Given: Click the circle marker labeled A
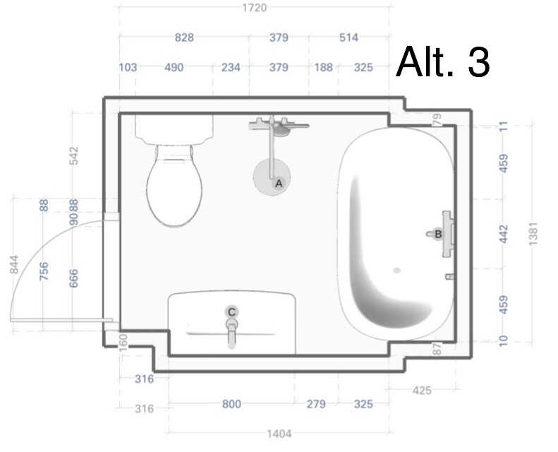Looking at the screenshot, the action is tap(279, 184).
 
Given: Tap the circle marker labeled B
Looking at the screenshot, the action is tap(438, 234).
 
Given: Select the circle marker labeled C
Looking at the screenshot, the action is tap(231, 312).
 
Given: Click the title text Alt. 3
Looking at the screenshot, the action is tap(443, 61).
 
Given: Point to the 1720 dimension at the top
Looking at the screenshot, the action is tap(255, 8).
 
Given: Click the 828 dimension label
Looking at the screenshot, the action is tap(184, 37).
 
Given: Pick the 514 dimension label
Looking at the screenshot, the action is tap(348, 37).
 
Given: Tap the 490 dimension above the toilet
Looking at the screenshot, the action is tap(174, 67).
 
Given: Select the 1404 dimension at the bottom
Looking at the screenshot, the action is tap(279, 434).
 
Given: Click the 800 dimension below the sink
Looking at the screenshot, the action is tap(231, 404).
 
